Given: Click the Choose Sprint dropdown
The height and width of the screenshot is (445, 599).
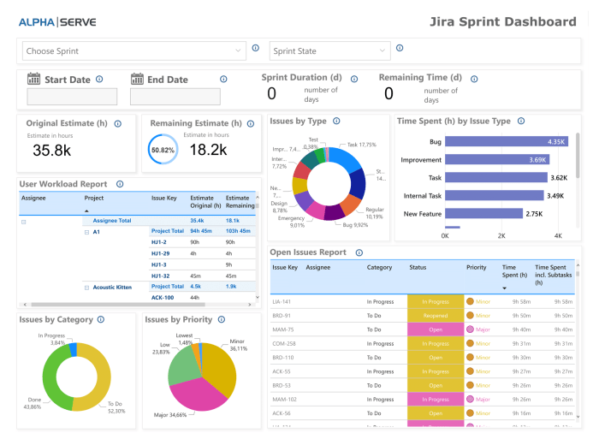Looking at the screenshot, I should [x=133, y=51].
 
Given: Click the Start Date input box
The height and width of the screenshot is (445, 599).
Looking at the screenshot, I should [x=72, y=97].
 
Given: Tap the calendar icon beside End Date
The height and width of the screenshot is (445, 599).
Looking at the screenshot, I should [x=137, y=80].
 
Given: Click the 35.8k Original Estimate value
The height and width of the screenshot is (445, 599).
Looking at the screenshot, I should [x=53, y=150].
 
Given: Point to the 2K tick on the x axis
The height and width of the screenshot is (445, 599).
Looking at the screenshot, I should [x=501, y=235].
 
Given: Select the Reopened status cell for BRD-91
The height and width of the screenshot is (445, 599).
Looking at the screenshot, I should [x=434, y=316].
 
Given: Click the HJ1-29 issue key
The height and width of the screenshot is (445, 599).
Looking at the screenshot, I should [x=162, y=253].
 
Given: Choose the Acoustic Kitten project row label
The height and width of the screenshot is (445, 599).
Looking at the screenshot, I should [x=112, y=288].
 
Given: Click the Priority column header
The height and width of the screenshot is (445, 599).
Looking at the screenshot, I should [x=476, y=268].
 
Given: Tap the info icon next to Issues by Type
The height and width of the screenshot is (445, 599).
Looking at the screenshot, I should [x=336, y=122].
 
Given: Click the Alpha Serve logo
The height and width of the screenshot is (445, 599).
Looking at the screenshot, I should [x=56, y=21].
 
